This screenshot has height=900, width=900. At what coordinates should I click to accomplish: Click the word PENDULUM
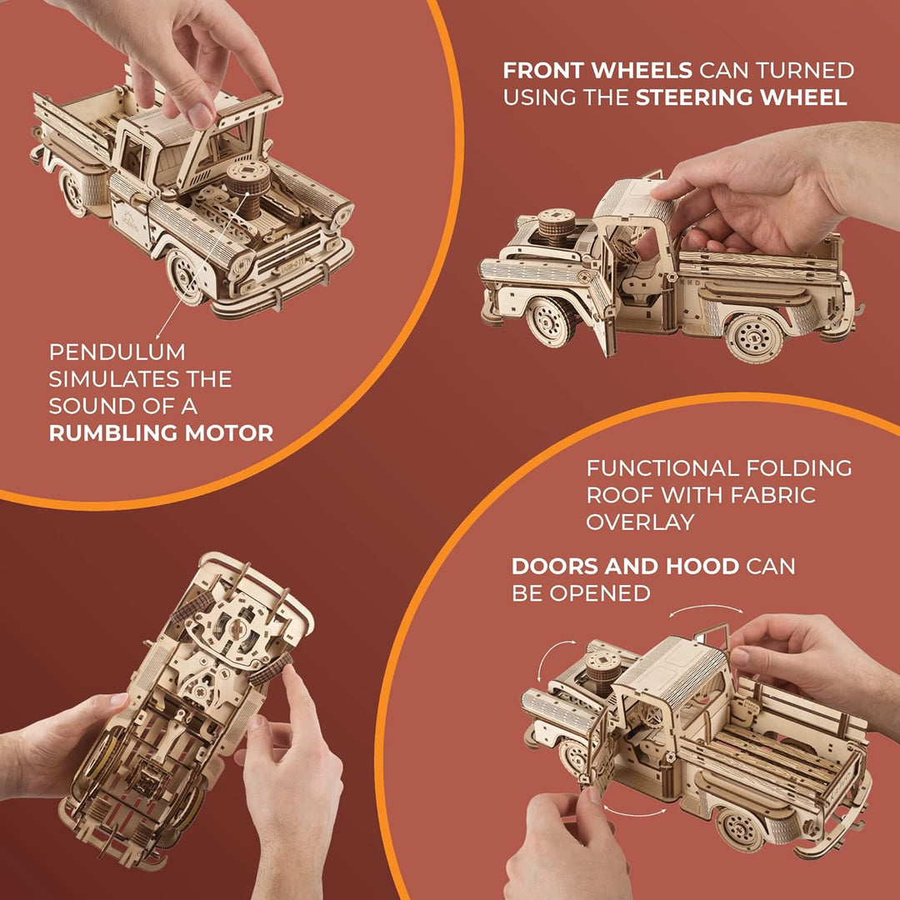point(117,352)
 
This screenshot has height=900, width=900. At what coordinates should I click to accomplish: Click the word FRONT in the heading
point(543,71)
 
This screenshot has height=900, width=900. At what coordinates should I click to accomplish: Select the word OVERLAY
point(640,522)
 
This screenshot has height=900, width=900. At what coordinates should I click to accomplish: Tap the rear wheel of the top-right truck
point(753,338)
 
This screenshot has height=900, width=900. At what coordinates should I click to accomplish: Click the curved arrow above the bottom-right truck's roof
point(706,609)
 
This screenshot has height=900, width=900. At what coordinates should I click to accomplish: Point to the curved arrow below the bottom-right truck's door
point(634,812)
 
